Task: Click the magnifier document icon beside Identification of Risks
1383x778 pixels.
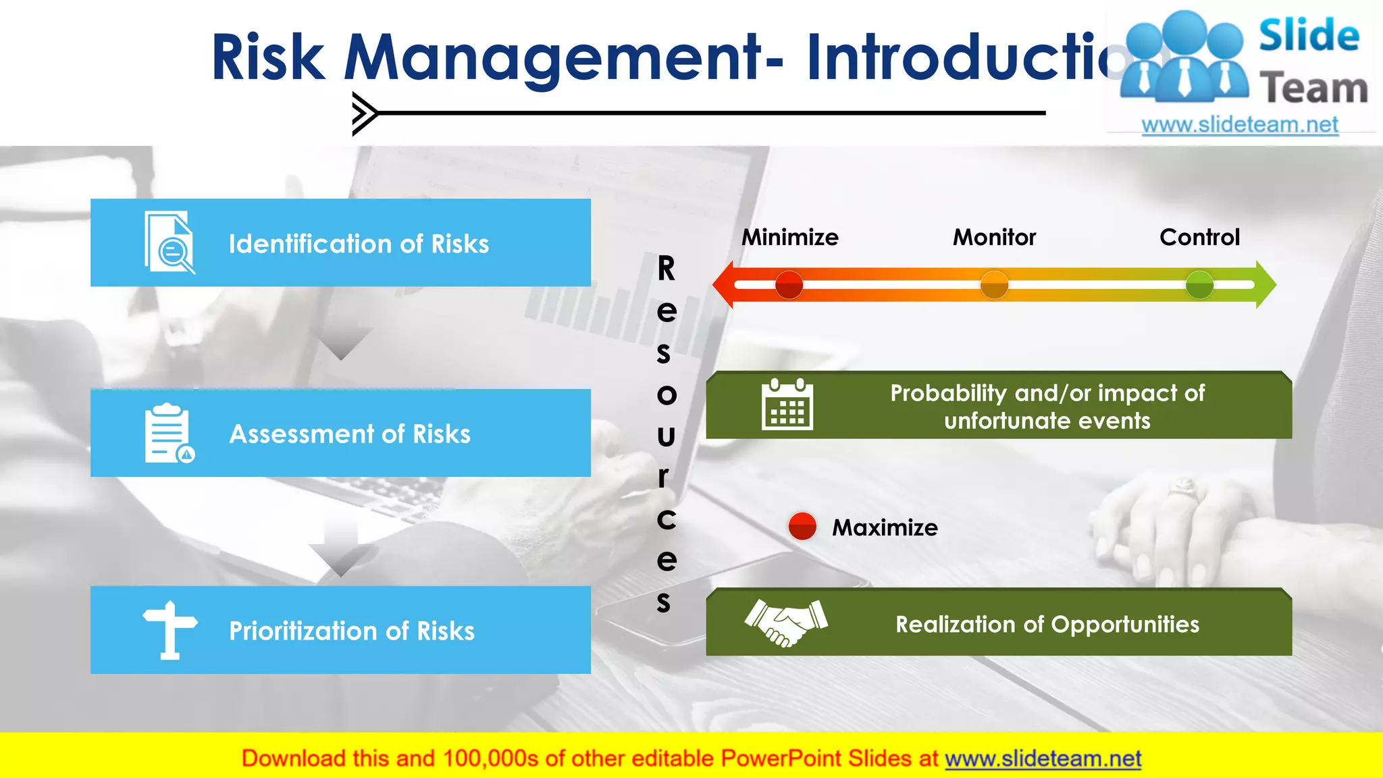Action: tap(169, 243)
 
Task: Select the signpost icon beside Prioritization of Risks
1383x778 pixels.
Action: tap(169, 629)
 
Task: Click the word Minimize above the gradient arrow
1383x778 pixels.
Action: tap(790, 238)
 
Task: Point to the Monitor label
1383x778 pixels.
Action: tap(994, 238)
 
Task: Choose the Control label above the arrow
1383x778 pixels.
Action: tap(1199, 238)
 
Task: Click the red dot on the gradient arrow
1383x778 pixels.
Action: tap(789, 285)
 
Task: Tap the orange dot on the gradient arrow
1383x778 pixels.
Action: tap(994, 285)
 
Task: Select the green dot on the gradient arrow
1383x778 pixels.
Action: tap(1199, 285)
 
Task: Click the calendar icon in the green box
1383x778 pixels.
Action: tap(787, 405)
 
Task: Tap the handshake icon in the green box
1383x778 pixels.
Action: tap(786, 623)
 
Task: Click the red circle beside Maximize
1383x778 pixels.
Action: tap(802, 526)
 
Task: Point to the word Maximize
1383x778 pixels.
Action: tap(885, 527)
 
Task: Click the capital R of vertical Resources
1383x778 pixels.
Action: tap(666, 269)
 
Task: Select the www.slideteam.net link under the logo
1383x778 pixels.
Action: tap(1240, 125)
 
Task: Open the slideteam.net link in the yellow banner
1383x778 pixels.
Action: tap(1043, 759)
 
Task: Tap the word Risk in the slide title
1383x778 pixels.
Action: tap(268, 58)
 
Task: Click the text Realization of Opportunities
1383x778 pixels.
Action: tap(1047, 625)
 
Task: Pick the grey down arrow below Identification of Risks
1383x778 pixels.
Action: tap(342, 343)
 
